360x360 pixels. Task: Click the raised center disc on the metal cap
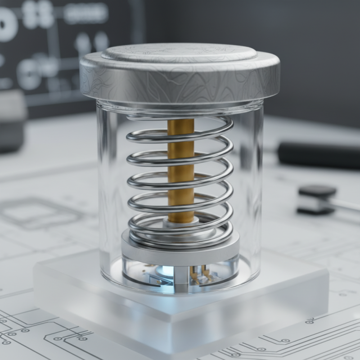click(x=179, y=53)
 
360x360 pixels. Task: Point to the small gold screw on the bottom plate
click(x=158, y=282)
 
